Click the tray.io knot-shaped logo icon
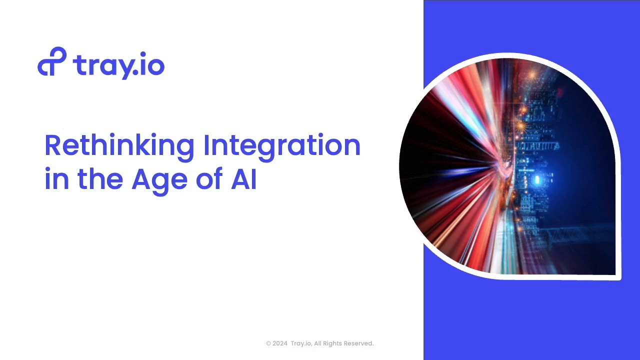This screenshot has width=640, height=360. tap(51, 61)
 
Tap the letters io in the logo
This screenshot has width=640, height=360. tap(152, 63)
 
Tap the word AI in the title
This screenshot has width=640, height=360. tap(243, 178)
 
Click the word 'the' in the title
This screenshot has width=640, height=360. tap(100, 178)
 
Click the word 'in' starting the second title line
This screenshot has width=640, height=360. tap(57, 179)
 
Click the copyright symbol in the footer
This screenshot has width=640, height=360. tap(268, 343)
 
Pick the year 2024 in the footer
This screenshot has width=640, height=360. tap(280, 343)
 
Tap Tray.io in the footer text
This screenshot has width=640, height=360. tap(301, 343)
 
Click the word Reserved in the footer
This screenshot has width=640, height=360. tap(358, 343)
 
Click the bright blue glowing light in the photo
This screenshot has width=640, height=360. tap(537, 179)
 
